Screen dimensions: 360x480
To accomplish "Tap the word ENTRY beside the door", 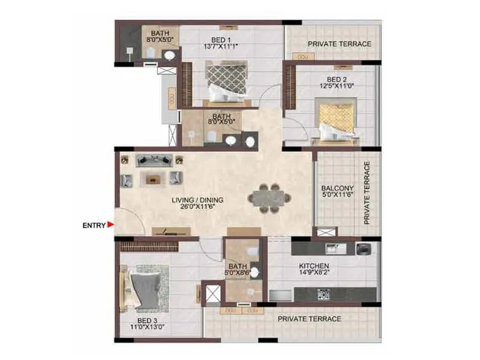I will coord(94,226).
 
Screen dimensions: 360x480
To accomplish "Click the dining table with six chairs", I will coord(269,197).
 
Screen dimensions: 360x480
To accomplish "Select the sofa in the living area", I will coord(154,160).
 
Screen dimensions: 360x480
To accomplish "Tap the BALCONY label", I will coord(339,187).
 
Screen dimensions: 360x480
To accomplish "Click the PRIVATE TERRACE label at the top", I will coord(339,44).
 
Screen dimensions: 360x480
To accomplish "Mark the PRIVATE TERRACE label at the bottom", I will coord(309,319).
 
